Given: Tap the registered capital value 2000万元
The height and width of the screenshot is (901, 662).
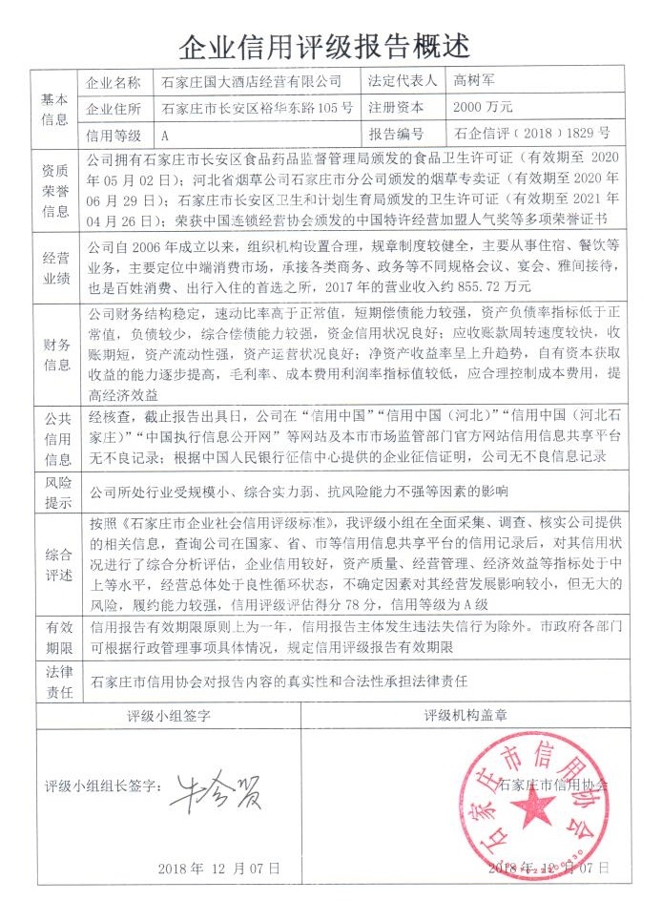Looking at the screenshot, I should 483,107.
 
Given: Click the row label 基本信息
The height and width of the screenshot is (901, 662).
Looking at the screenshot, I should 54,108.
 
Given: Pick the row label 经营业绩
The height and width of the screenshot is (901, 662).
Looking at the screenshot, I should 54,268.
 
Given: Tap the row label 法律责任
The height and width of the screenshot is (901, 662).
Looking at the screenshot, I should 54,681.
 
